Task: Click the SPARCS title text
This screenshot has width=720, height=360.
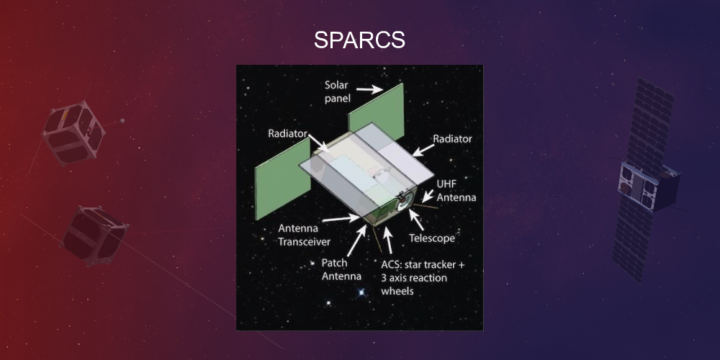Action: click(359, 40)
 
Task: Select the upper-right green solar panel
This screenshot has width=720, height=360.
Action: click(375, 107)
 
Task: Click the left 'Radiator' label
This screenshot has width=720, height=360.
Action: click(288, 133)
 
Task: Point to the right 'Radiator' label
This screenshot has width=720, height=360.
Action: click(451, 139)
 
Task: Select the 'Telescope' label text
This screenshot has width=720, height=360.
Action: click(432, 238)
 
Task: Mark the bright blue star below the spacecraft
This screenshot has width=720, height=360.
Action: click(361, 292)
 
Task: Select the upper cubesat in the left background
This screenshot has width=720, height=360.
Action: click(74, 134)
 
